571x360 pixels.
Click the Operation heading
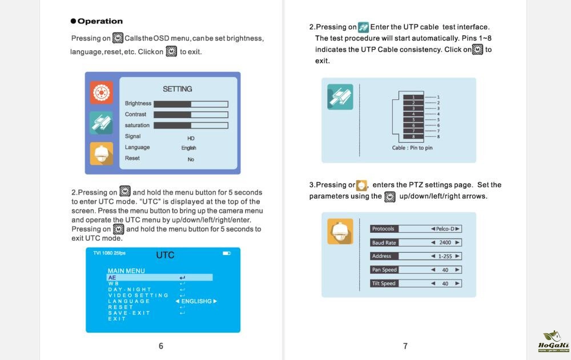pyautogui.click(x=96, y=21)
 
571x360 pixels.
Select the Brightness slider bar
pyautogui.click(x=191, y=104)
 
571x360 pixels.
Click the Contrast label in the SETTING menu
pyautogui.click(x=135, y=114)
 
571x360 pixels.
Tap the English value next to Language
pyautogui.click(x=188, y=148)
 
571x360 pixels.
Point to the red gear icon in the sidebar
pyautogui.click(x=101, y=92)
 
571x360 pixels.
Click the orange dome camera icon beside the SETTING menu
pyautogui.click(x=101, y=153)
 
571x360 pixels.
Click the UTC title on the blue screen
pyautogui.click(x=165, y=255)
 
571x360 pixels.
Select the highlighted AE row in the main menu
pyautogui.click(x=159, y=277)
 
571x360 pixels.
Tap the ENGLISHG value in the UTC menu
pyautogui.click(x=196, y=301)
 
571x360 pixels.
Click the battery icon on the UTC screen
pyautogui.click(x=227, y=253)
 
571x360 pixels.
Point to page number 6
pyautogui.click(x=161, y=346)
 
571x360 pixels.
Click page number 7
pyautogui.click(x=405, y=346)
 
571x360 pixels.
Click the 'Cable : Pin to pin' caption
pyautogui.click(x=412, y=148)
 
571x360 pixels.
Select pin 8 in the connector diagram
pyautogui.click(x=413, y=136)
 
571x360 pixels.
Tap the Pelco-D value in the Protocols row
pyautogui.click(x=445, y=229)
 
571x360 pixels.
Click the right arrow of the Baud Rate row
pyautogui.click(x=457, y=242)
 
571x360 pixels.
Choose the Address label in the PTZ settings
pyautogui.click(x=381, y=256)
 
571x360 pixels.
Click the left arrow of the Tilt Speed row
pyautogui.click(x=433, y=283)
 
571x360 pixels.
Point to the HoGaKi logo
pyautogui.click(x=553, y=342)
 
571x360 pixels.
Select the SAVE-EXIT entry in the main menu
pyautogui.click(x=129, y=313)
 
